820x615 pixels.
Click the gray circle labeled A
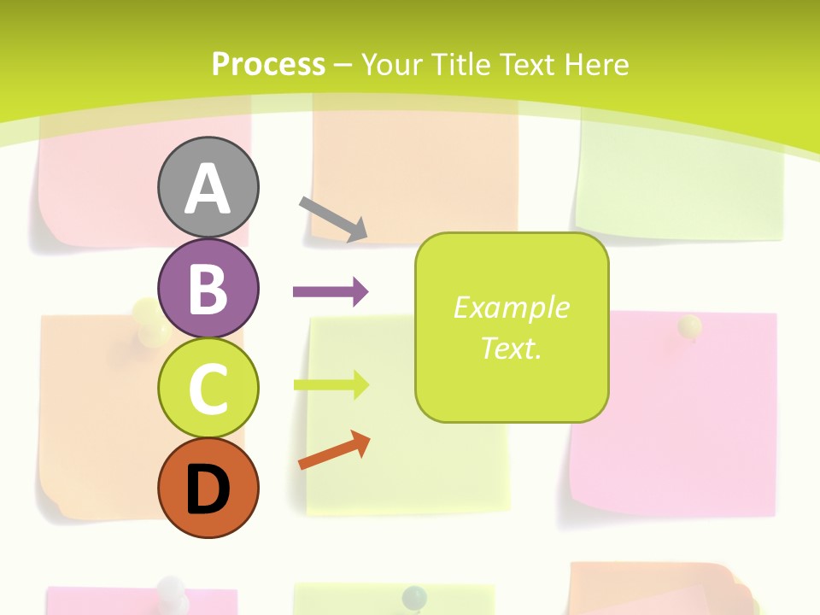pos(208,187)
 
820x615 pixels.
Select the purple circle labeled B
pos(208,288)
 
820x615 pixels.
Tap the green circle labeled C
pos(208,388)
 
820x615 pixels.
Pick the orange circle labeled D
pos(208,488)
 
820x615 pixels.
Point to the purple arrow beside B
pos(331,292)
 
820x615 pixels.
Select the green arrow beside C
pos(331,385)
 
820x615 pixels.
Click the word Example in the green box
pos(511,307)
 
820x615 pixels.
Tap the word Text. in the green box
pos(511,348)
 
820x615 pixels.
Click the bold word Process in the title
pos(268,64)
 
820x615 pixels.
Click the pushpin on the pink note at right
pos(690,326)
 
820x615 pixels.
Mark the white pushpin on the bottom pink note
pos(173,589)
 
